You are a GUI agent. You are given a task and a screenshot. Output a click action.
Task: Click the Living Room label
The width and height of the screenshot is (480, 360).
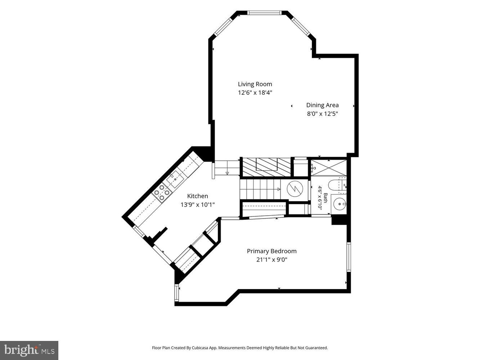click(255, 84)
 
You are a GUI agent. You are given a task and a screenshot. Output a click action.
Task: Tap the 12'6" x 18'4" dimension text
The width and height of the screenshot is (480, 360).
click(255, 93)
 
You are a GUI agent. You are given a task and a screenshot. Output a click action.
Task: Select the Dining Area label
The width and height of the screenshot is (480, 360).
click(322, 105)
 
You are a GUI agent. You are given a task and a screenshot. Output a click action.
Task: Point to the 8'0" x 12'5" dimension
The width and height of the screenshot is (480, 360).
click(322, 114)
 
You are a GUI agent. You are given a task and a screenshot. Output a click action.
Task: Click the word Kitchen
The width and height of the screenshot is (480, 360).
click(197, 196)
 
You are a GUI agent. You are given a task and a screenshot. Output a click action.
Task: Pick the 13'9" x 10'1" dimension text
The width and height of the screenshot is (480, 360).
click(197, 205)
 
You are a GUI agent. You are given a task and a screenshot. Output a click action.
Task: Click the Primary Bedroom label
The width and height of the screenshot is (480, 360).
click(272, 251)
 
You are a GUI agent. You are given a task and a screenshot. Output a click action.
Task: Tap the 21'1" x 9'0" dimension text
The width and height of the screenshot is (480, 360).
click(272, 260)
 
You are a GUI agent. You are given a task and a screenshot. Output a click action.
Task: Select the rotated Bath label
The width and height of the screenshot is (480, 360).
click(326, 198)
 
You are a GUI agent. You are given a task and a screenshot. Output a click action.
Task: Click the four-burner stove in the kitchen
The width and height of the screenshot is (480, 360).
click(162, 193)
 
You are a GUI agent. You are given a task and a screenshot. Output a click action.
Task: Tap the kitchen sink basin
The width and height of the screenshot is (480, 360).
click(175, 179)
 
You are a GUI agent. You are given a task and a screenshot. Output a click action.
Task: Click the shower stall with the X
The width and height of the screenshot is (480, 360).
click(329, 168)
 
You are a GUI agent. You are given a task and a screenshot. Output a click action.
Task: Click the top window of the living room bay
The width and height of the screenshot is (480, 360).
click(264, 13)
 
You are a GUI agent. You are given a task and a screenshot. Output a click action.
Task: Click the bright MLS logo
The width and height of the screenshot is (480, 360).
click(29, 350)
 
